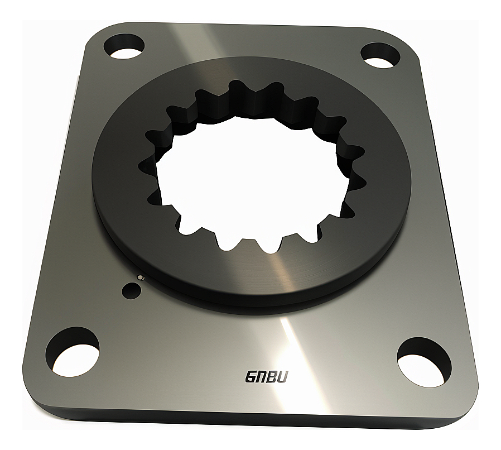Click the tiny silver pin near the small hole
point(139,276)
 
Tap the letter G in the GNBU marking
point(252,377)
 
